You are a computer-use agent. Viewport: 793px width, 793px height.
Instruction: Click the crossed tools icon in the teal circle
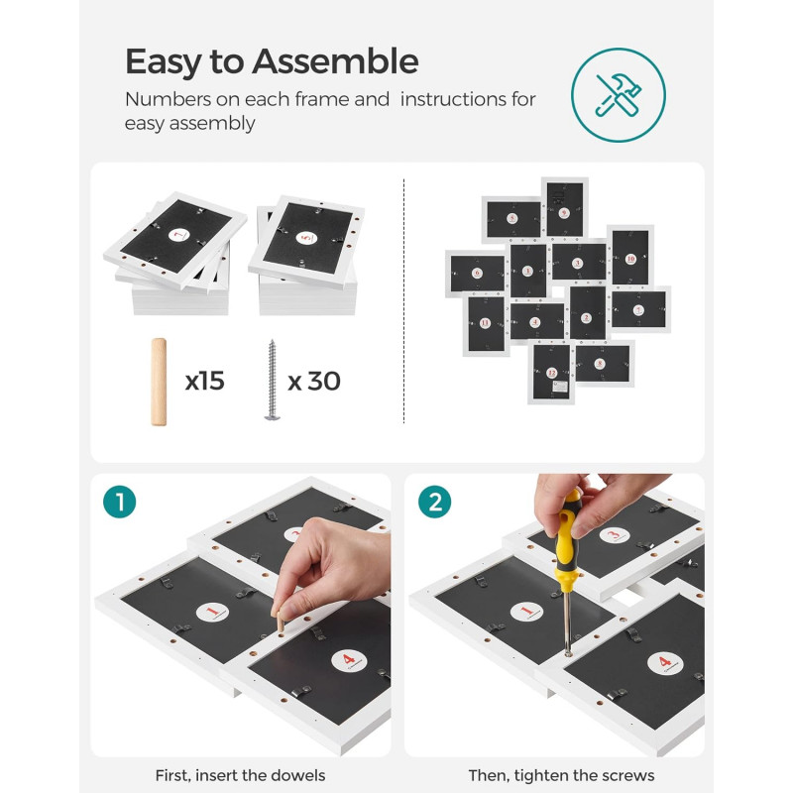click(x=618, y=95)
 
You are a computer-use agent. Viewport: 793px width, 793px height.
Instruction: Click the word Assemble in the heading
click(x=335, y=61)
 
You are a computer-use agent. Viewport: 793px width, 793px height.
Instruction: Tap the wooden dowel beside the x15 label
click(x=159, y=382)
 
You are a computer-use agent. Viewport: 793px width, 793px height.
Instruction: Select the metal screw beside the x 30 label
click(x=272, y=380)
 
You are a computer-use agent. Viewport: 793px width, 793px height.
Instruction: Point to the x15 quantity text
click(x=205, y=381)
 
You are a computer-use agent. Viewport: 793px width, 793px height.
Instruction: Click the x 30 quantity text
click(x=314, y=381)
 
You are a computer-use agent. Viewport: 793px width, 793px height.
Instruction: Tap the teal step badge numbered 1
click(x=119, y=502)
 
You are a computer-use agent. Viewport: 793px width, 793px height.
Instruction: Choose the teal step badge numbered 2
click(x=434, y=502)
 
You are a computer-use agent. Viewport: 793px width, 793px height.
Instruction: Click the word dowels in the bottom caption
click(x=298, y=775)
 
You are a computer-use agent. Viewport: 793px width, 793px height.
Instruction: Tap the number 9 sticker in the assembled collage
click(x=564, y=213)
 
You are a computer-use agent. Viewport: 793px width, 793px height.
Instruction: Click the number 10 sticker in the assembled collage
click(x=630, y=259)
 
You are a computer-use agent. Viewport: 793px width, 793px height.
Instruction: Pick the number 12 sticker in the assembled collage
click(x=552, y=373)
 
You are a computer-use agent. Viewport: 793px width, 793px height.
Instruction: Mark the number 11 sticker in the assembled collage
click(x=485, y=323)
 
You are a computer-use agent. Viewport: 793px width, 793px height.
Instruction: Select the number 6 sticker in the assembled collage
click(x=477, y=274)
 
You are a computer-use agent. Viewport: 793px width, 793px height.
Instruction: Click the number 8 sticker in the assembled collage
click(x=600, y=363)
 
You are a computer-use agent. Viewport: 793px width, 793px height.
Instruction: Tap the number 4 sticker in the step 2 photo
click(x=665, y=662)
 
